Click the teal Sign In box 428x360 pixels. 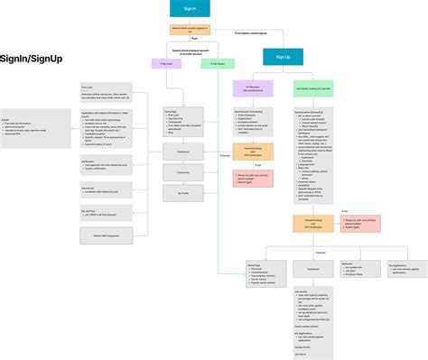189,9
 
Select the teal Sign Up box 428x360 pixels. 283,56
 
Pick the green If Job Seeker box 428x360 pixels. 218,64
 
